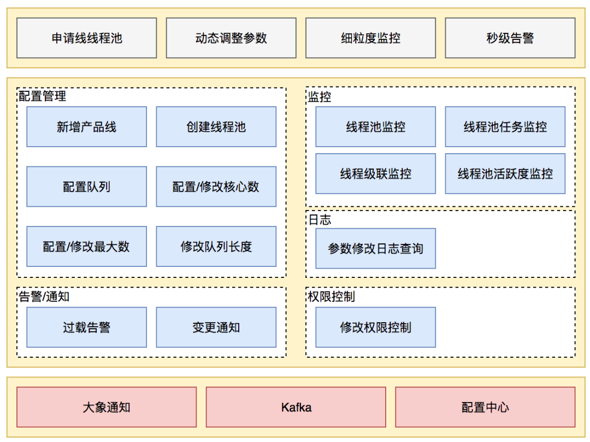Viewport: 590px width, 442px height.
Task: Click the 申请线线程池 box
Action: point(86,38)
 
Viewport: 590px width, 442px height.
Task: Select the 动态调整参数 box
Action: point(231,38)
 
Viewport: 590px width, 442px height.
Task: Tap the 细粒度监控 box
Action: point(370,38)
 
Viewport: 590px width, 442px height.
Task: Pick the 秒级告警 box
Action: point(510,38)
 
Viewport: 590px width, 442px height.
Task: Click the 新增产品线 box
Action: point(86,127)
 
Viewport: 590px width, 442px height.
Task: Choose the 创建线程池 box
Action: point(216,127)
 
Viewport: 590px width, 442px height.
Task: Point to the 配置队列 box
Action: point(86,187)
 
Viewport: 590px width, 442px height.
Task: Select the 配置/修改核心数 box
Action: point(216,187)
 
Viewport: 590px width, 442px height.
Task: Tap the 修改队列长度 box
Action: point(216,247)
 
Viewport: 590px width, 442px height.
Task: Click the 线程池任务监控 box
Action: point(505,127)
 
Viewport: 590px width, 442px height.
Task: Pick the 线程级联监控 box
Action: point(375,174)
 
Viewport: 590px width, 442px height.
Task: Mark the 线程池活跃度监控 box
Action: point(505,174)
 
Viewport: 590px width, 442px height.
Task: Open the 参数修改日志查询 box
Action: point(375,248)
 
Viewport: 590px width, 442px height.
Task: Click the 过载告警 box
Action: point(86,327)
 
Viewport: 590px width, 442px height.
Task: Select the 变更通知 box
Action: point(216,327)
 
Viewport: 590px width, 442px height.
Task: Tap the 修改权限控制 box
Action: point(375,327)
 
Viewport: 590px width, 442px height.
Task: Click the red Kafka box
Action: point(296,408)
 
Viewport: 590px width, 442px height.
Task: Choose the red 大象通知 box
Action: point(107,408)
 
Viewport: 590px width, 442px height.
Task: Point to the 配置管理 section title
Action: point(43,96)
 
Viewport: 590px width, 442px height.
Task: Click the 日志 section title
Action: point(320,220)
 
